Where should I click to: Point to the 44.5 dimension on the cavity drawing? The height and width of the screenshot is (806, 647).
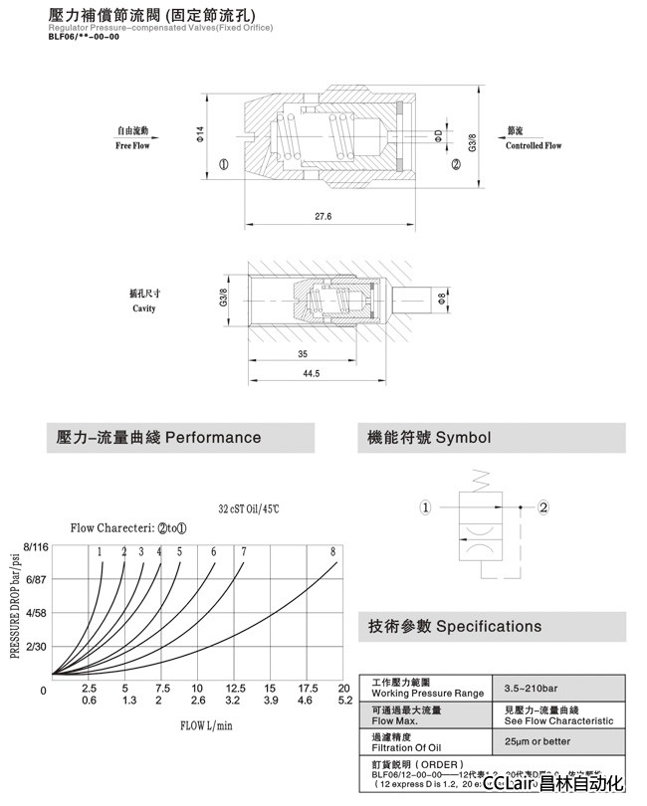[x=311, y=373]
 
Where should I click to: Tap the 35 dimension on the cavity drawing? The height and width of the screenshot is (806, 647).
[x=301, y=353]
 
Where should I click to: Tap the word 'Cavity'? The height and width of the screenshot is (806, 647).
[x=144, y=308]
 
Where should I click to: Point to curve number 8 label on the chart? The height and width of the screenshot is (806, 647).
[x=332, y=551]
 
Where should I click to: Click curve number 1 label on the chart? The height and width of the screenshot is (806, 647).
[x=101, y=551]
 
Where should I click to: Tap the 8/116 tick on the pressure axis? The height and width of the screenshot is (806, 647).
[x=35, y=547]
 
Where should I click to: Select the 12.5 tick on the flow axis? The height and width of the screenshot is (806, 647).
[x=236, y=688]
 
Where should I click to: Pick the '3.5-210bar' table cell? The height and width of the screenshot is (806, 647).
[x=532, y=687]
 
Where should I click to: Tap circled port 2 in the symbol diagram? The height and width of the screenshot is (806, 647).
[x=543, y=507]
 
